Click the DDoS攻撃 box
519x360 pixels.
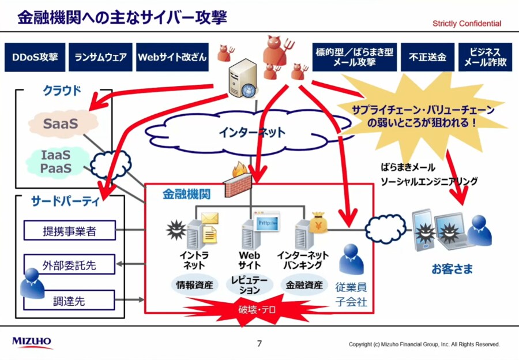(x=34, y=58)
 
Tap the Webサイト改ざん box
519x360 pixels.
(x=172, y=58)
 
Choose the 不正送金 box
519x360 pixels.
(x=427, y=58)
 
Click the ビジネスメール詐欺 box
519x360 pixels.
(x=485, y=58)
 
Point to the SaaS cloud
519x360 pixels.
(x=62, y=123)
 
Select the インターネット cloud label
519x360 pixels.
(x=251, y=132)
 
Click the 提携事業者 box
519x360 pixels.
(x=69, y=231)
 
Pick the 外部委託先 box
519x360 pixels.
(x=69, y=266)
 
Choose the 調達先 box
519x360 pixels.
(x=69, y=300)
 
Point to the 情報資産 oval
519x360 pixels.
(x=194, y=285)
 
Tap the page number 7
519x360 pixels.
(x=259, y=344)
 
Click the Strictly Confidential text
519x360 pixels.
(x=467, y=24)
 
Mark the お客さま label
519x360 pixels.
(x=452, y=268)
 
